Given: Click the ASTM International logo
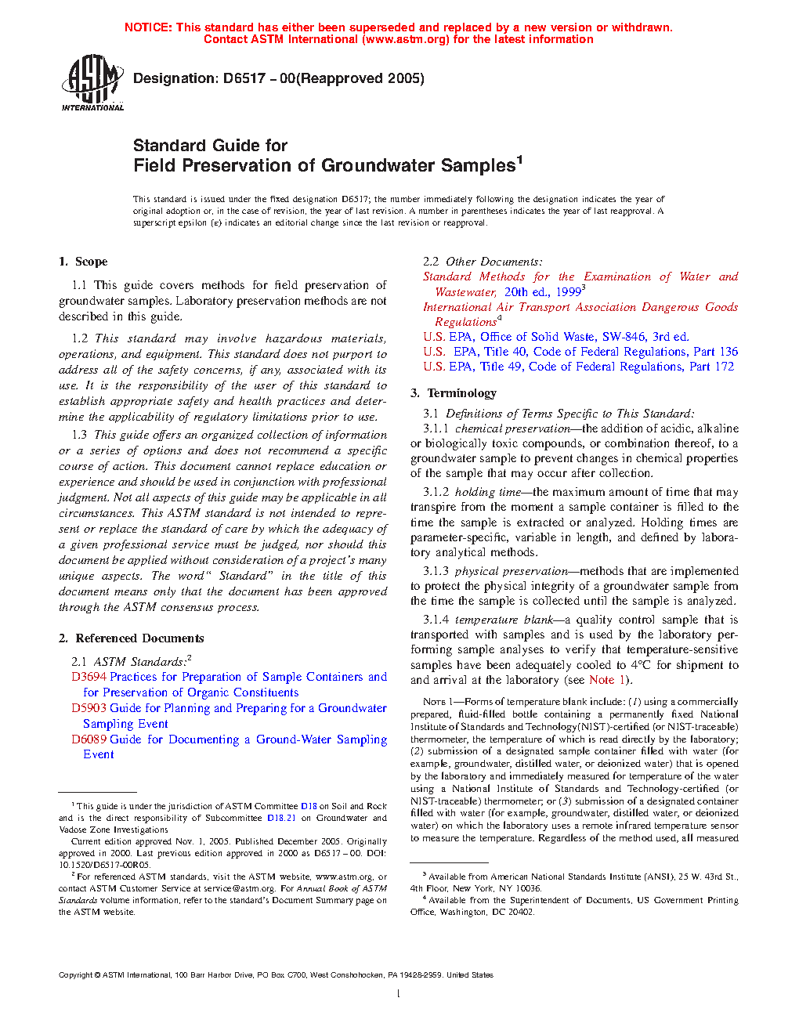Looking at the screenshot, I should pos(92,82).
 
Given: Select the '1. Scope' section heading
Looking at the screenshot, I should pos(83,262).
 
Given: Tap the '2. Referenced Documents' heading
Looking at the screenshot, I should pos(131,638).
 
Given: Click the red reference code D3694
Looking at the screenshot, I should pos(89,677).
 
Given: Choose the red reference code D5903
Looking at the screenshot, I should pos(89,708).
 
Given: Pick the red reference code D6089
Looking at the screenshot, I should pos(89,739).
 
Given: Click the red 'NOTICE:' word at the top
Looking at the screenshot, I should pos(148,27).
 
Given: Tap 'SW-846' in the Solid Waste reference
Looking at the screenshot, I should pos(624,337).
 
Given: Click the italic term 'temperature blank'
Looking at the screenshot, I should pos(504,620).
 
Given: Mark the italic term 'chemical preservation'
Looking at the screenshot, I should pos(512,428).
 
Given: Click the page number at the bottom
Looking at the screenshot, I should pos(399,994).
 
